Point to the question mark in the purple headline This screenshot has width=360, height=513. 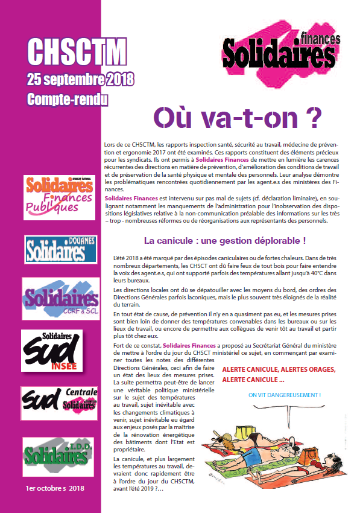tap(311, 117)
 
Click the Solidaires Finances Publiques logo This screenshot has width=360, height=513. tap(58, 194)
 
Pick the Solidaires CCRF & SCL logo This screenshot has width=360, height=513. tap(60, 299)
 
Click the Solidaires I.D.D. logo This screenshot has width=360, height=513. tap(59, 454)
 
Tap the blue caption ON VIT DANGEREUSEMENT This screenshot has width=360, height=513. tap(284, 395)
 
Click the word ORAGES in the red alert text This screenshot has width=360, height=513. tap(315, 369)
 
